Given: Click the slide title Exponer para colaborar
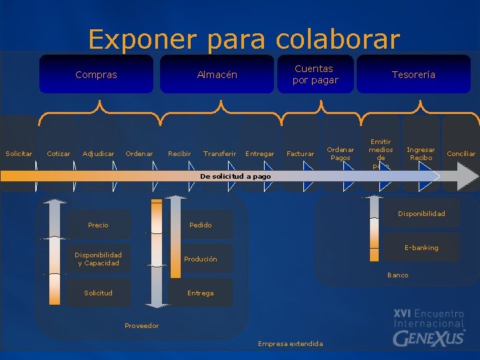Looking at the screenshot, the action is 244,39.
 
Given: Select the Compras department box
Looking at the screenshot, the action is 96,75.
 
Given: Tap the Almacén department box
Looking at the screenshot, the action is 217,75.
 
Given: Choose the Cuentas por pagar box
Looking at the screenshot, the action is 315,75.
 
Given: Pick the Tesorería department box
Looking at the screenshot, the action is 413,75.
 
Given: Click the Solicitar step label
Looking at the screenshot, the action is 19,154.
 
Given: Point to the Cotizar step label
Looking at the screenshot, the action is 59,154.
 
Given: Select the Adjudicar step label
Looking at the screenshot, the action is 98,154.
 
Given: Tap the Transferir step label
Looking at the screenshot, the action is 219,154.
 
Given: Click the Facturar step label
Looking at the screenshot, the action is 300,154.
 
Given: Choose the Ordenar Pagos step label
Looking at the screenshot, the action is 341,154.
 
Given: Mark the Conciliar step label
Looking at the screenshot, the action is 461,154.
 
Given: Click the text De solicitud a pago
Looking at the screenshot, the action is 235,177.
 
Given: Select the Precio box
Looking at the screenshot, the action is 98,225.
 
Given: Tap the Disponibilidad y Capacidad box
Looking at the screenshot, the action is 98,259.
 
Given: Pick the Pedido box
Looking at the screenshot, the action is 200,225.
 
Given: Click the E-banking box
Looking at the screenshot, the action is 421,248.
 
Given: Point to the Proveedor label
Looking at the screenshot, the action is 142,326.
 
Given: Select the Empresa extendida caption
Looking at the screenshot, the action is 290,344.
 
